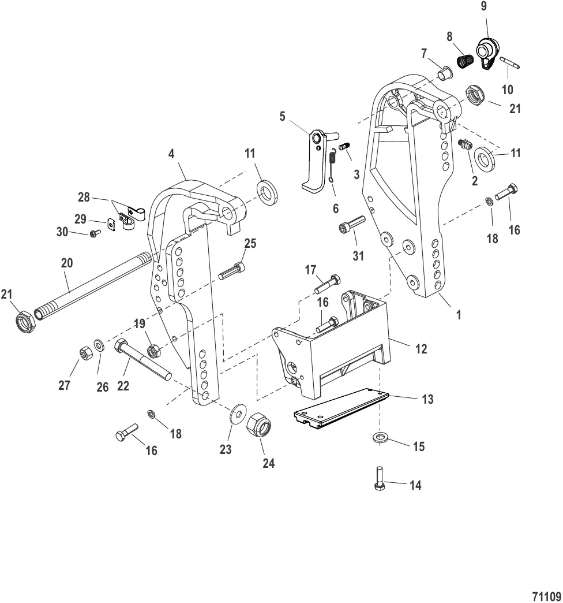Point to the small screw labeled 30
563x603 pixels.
tap(93, 233)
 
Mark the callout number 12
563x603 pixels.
tap(422, 349)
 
